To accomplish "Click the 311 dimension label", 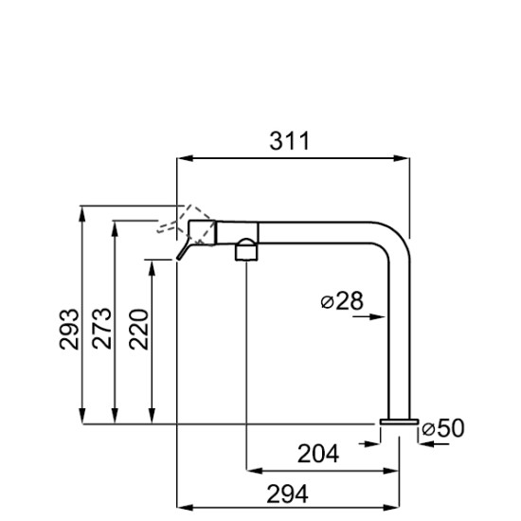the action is tap(290, 141).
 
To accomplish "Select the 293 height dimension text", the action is tap(69, 329).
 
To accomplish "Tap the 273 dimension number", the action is tap(101, 329).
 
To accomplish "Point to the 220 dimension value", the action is tap(138, 329).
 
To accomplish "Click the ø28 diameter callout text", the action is tap(342, 300).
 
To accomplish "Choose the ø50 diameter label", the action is tap(443, 427).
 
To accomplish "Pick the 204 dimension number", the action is tap(318, 454).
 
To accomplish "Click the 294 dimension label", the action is tap(287, 494).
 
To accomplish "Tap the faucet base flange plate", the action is tap(399, 422).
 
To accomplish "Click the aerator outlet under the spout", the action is tap(246, 252).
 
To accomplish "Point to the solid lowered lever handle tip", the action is tap(178, 258).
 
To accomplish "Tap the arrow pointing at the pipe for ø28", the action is tap(368, 316).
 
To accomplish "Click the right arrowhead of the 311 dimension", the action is tap(402, 158).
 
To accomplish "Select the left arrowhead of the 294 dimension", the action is tap(185, 508).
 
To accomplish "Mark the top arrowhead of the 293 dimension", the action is tap(82, 214).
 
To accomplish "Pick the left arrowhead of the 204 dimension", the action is tap(254, 471).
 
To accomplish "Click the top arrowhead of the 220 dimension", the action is tap(152, 268).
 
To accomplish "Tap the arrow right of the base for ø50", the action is tap(434, 443).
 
